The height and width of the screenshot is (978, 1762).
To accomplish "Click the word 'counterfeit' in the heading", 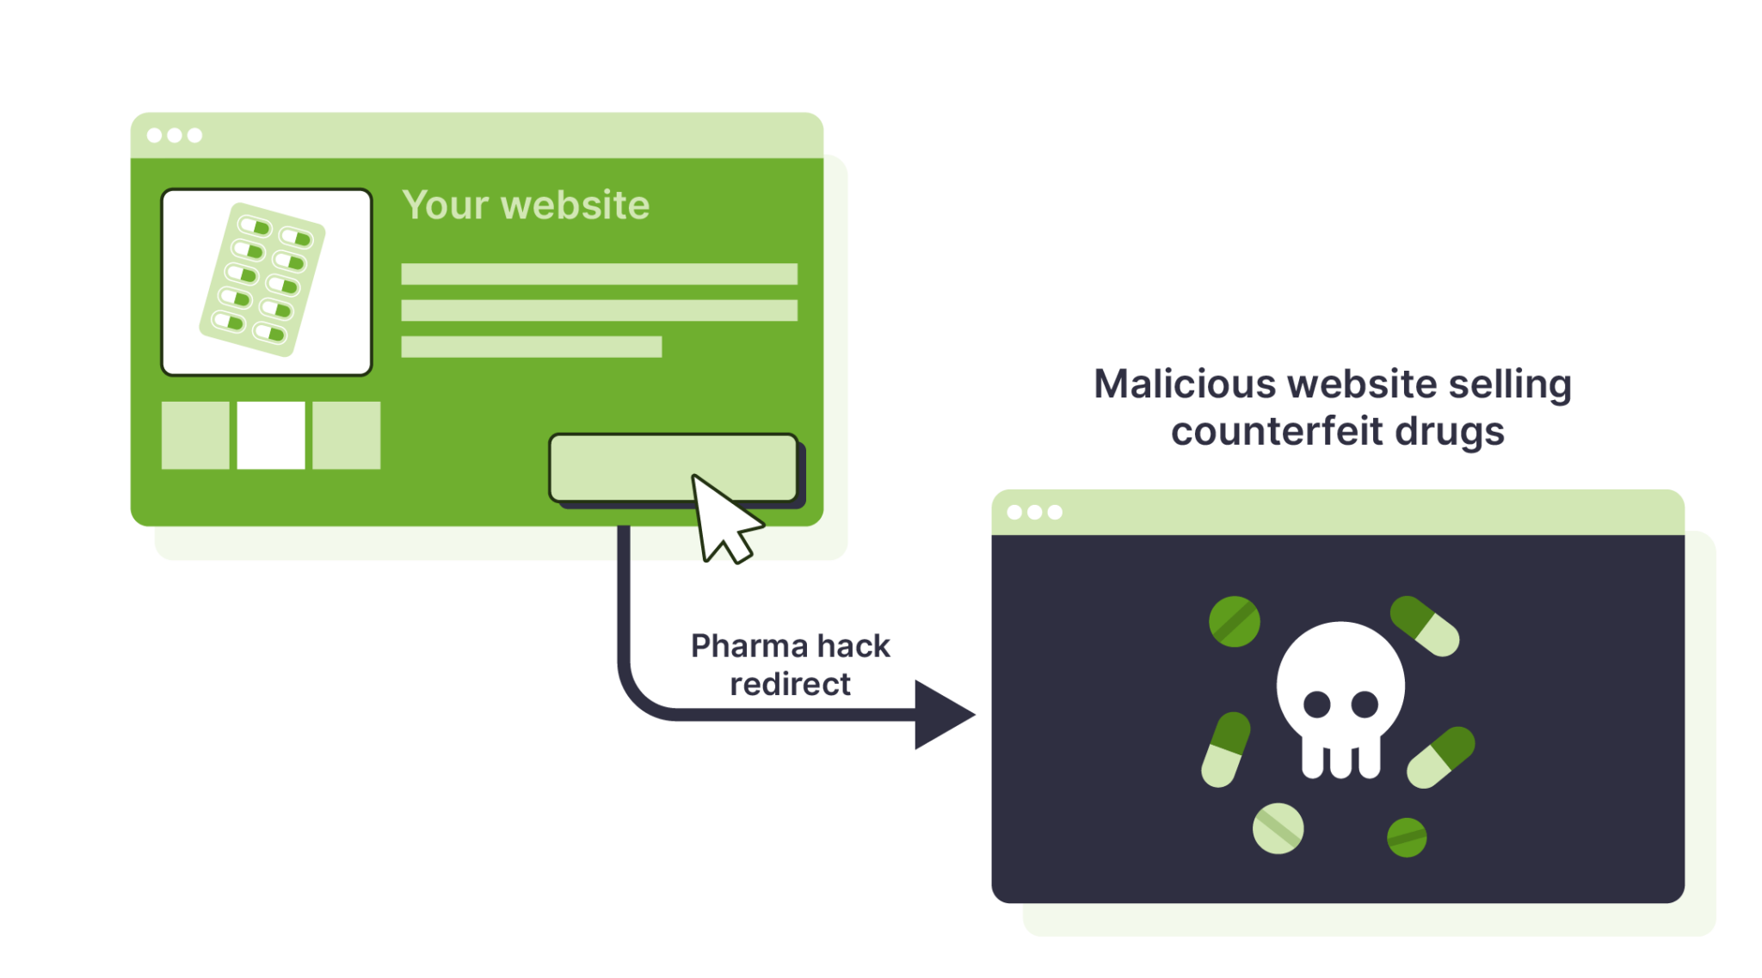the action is pyautogui.click(x=1277, y=431).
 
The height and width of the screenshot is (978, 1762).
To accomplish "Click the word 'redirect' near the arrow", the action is pyautogui.click(x=790, y=685).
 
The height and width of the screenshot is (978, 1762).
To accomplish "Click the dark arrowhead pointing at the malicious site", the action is pyautogui.click(x=941, y=715).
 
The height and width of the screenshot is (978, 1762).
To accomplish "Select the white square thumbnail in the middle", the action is pyautogui.click(x=270, y=435).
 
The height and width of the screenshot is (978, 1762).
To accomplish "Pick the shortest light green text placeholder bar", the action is pyautogui.click(x=531, y=347).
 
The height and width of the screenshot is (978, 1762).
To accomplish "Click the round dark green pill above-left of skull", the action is pyautogui.click(x=1234, y=621).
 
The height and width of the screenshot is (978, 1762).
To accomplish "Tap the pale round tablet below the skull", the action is pyautogui.click(x=1278, y=828).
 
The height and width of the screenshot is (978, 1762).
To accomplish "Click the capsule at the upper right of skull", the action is pyautogui.click(x=1425, y=625).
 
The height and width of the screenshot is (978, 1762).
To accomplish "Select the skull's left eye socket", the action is pyautogui.click(x=1316, y=705).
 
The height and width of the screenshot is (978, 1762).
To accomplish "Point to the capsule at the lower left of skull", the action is pyautogui.click(x=1225, y=749).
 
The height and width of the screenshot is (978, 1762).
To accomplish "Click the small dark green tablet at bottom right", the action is pyautogui.click(x=1407, y=838).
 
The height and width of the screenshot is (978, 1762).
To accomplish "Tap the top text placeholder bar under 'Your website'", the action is pyautogui.click(x=599, y=274).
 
